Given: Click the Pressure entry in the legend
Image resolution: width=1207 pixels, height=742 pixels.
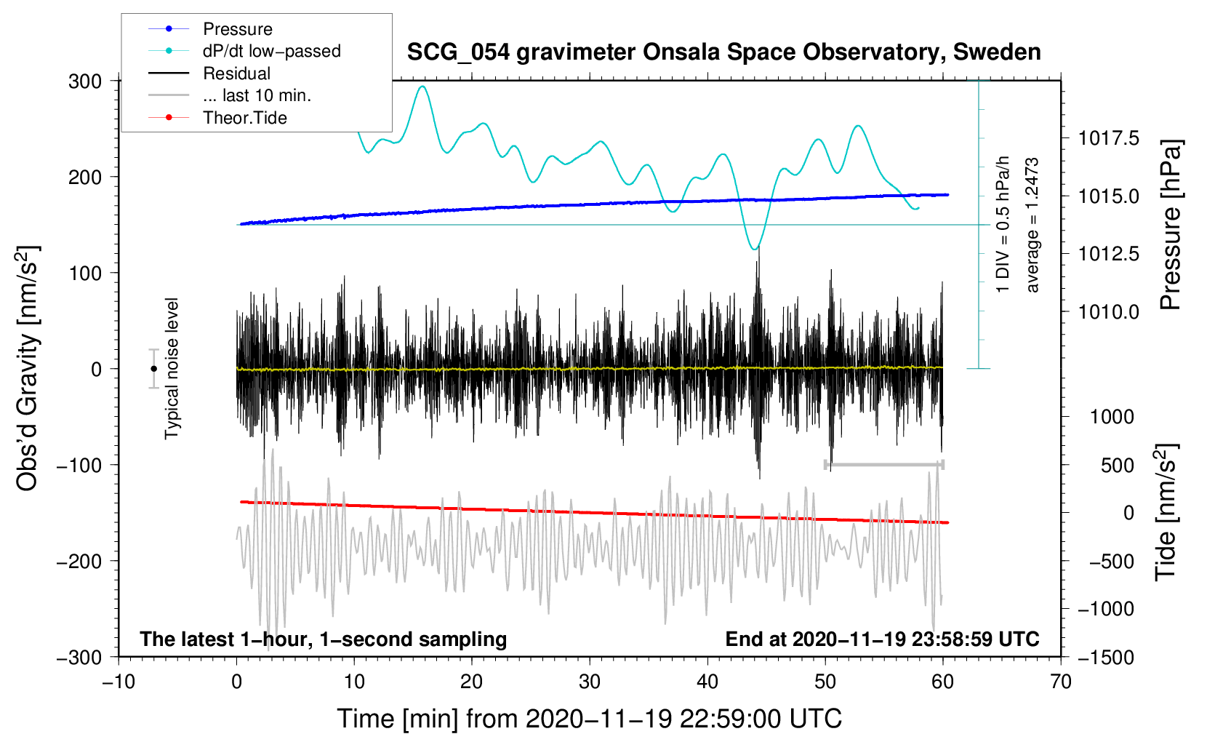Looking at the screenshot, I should (x=237, y=29).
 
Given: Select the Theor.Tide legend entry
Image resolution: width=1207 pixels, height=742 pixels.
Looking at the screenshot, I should (x=244, y=118).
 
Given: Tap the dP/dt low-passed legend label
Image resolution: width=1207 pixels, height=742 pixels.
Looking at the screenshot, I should (x=271, y=51).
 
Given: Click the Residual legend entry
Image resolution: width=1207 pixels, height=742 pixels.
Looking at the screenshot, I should (x=236, y=73).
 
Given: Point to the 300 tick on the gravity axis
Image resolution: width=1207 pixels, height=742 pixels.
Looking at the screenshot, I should (x=85, y=81).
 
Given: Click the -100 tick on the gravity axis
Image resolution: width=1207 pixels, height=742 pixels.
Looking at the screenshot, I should (x=80, y=465).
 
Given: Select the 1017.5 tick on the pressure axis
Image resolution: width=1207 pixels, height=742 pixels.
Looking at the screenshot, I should (x=1109, y=138).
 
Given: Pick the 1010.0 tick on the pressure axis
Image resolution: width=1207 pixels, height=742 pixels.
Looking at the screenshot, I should (x=1109, y=312).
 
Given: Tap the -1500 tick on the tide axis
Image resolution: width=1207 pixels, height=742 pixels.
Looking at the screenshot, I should (x=1106, y=657).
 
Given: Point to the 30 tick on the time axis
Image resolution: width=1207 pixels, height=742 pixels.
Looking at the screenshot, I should (x=590, y=682).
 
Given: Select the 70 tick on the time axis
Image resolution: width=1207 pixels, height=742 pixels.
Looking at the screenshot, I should (x=1061, y=682).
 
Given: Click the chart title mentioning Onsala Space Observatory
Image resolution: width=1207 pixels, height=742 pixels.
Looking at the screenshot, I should (x=723, y=52).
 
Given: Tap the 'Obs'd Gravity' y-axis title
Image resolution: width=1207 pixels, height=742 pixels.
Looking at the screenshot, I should (x=28, y=368).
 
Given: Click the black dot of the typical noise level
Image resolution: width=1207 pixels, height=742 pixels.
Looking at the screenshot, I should (x=153, y=369).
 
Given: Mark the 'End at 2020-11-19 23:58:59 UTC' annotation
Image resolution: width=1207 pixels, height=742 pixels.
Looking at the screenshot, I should (x=882, y=639).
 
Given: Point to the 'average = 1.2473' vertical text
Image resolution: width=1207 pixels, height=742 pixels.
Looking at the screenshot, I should (x=1032, y=226).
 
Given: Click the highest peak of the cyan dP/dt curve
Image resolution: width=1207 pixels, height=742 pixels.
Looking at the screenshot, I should (x=422, y=87).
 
